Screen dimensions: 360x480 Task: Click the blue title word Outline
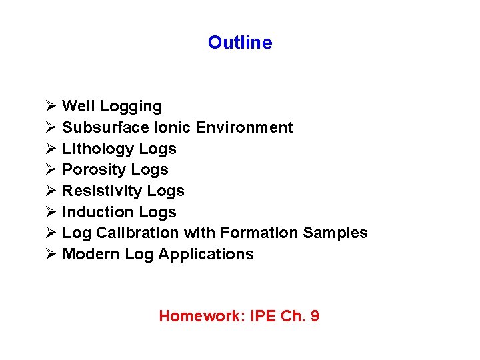pos(240,43)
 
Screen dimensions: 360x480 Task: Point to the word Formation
pos(259,233)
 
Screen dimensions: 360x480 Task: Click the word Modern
pos(91,254)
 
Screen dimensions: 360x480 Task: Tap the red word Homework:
pos(202,316)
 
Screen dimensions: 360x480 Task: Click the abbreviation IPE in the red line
pos(263,316)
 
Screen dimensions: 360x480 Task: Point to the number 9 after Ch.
pos(315,316)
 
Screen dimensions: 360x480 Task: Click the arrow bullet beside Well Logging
pos(50,106)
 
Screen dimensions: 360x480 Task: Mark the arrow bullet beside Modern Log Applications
pos(50,254)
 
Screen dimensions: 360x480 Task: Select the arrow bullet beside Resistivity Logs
pos(50,191)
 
